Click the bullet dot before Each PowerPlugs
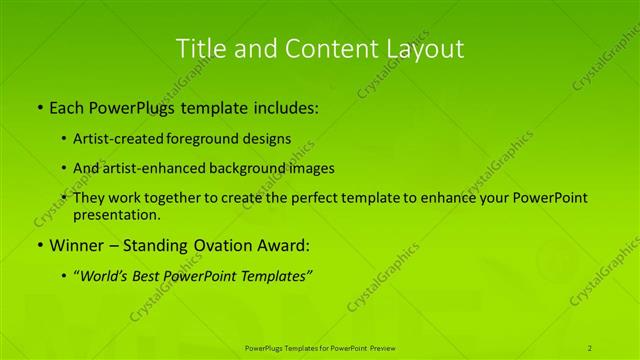(38, 106)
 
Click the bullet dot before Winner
(38, 244)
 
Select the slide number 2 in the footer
(590, 347)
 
